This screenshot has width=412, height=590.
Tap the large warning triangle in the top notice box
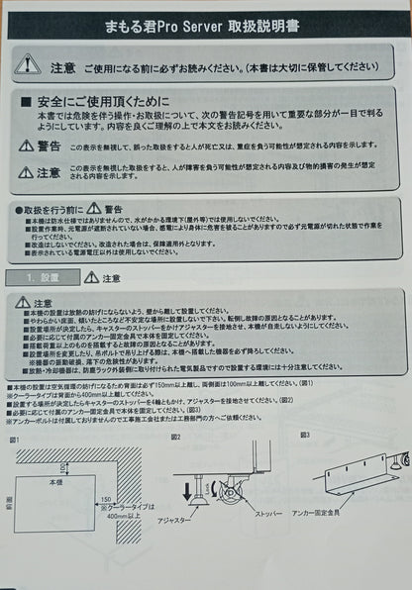point(29,64)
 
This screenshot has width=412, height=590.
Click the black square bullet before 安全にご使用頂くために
point(27,102)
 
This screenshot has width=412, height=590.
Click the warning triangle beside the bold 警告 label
point(26,146)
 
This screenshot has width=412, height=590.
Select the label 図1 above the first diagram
point(16,409)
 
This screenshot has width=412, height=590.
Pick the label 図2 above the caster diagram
point(175,409)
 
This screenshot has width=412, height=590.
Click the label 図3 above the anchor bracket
point(304,408)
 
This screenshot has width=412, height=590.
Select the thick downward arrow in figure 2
point(190,487)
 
